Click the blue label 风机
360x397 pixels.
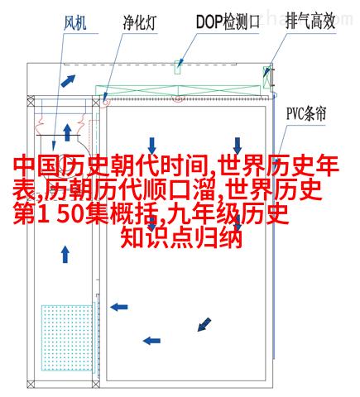pos(75,23)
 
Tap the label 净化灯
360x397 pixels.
pos(140,22)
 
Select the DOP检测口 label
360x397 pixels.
pos(228,22)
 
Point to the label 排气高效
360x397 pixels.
pos(310,21)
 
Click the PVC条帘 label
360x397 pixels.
pos(306,113)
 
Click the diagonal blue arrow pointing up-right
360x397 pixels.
pos(68,80)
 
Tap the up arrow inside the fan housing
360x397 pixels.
pos(67,132)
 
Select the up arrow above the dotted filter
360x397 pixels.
pos(65,255)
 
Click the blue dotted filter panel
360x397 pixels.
pos(67,337)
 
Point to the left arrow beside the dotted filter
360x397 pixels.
pos(119,307)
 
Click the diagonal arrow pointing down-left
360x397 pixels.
pos(204,324)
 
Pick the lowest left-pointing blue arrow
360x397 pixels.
pos(151,341)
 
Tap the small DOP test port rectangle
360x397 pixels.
pos(178,67)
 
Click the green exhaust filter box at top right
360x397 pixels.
pos(266,77)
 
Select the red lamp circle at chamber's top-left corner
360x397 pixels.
pos(105,102)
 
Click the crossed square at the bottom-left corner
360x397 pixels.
pos(31,385)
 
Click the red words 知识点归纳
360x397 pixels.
pos(181,237)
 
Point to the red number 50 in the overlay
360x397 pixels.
pos(70,213)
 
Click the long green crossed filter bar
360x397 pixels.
pos(178,90)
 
